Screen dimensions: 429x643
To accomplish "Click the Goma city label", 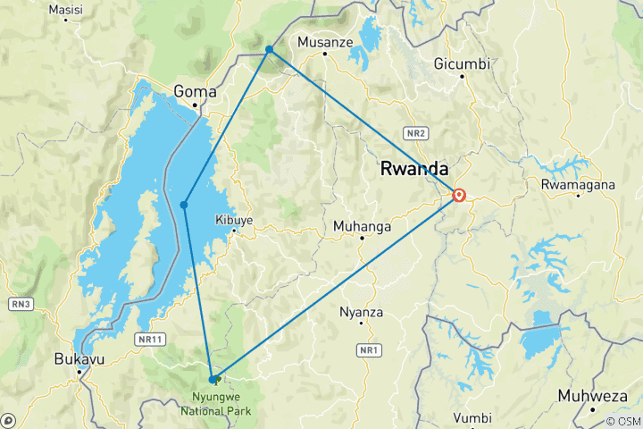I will (x=195, y=90).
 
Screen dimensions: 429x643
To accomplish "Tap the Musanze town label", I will (x=325, y=42).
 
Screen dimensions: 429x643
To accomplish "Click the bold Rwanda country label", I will (x=413, y=167).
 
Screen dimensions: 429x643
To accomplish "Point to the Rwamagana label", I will (x=579, y=185).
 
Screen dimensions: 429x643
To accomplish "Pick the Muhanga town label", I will (x=362, y=226).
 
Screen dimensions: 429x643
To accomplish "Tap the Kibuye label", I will (x=234, y=220).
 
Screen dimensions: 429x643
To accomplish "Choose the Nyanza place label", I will (x=362, y=312).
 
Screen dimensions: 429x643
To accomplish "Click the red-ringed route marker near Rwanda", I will (x=459, y=196).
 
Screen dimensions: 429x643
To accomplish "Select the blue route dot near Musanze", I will (x=269, y=49).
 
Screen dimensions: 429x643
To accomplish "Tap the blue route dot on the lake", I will (x=184, y=205).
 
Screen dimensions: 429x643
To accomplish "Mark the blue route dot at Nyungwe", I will (x=212, y=379).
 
